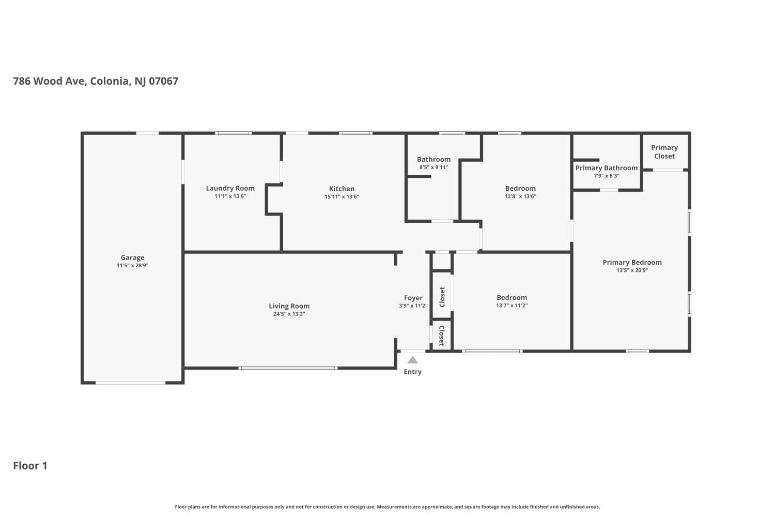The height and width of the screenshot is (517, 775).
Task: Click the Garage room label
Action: (132, 257)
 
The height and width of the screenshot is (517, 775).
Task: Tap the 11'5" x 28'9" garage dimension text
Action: (132, 266)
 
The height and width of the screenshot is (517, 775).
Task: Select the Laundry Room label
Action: (230, 188)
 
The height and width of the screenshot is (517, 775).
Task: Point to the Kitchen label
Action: (342, 189)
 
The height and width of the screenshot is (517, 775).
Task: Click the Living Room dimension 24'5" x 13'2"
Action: (289, 314)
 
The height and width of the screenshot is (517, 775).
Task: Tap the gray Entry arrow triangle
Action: (412, 360)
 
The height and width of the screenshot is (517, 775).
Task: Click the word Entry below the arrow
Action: (412, 372)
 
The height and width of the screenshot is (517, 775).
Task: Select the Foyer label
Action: (413, 298)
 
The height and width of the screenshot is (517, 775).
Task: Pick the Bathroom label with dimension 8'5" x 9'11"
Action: (433, 159)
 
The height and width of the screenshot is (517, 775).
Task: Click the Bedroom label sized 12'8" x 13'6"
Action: (520, 188)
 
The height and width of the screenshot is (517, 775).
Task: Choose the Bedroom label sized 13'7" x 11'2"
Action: (512, 297)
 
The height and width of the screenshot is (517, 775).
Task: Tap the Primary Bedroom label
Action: (632, 262)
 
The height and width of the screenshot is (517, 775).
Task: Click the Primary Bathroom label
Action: (606, 168)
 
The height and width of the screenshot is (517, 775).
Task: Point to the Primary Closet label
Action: (664, 151)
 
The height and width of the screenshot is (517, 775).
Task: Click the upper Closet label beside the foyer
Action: (442, 297)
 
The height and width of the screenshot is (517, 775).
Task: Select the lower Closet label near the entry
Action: (442, 336)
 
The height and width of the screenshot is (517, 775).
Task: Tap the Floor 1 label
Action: (30, 466)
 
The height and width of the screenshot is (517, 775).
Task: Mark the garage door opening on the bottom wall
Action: (130, 383)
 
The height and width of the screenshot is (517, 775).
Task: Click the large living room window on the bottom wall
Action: (288, 368)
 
